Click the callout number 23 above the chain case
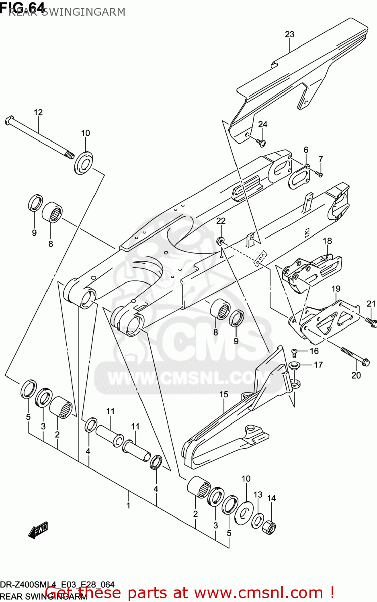point(289,35)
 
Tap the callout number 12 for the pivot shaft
point(38,112)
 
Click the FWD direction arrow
point(39,530)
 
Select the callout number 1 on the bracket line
point(128,505)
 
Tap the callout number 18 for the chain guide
point(328,241)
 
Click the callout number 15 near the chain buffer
point(223,395)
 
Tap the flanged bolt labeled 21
point(371,321)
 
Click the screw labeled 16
point(294,352)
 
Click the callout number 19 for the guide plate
point(336,289)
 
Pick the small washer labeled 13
point(257,521)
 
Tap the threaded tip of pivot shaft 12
point(70,154)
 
